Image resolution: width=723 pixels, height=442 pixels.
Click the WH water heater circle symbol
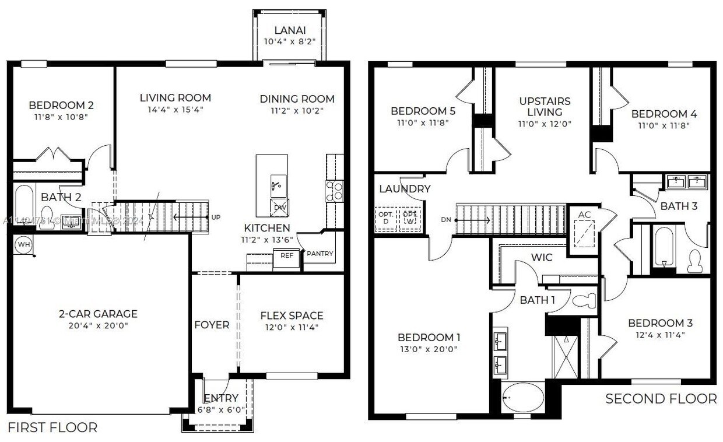[x=23, y=244]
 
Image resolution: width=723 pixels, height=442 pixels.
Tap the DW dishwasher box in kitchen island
[x=279, y=208]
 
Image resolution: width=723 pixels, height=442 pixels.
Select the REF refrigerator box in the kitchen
[x=286, y=255]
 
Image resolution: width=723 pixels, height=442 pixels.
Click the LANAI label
[x=289, y=30]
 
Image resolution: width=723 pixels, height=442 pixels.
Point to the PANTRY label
[x=320, y=254]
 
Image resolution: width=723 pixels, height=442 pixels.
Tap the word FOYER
[x=212, y=325]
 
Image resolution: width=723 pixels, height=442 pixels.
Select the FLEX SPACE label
[x=292, y=315]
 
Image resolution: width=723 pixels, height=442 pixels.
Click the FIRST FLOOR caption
[x=52, y=427]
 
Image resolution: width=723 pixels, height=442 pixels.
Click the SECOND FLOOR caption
[x=661, y=399]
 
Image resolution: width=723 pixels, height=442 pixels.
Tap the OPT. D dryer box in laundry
[x=385, y=218]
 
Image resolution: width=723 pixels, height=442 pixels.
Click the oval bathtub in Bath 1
[x=523, y=397]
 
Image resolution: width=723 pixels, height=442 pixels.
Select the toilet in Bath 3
[x=695, y=262]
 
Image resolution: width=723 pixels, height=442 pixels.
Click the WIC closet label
[x=541, y=257]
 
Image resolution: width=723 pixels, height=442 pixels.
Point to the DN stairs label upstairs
[x=446, y=220]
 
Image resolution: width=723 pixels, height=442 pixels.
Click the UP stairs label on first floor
[x=216, y=217]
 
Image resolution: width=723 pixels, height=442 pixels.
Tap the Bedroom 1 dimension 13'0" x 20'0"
[x=428, y=349]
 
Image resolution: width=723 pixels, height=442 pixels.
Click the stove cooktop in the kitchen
[x=334, y=191]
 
